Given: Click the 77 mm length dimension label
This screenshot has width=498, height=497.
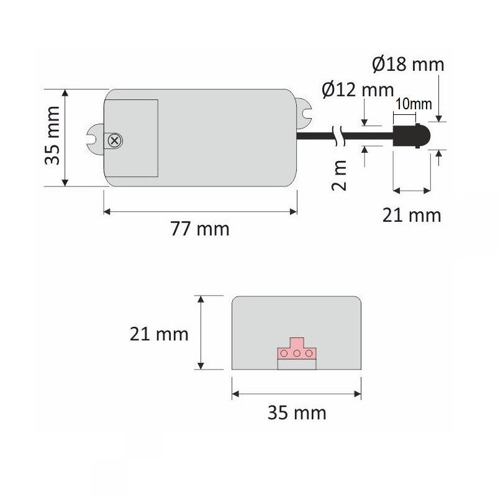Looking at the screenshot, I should [x=200, y=229].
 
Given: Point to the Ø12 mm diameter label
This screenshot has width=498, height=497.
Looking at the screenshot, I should [x=358, y=91].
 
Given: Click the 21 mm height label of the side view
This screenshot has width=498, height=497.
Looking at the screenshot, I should [x=159, y=334].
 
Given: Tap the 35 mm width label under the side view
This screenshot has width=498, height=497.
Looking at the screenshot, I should [x=297, y=413].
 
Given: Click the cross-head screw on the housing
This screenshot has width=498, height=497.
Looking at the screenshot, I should [x=114, y=140].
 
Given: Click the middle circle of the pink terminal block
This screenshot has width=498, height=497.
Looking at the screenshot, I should [x=297, y=353].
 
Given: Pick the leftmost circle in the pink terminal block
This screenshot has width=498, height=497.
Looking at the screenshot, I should [x=285, y=353].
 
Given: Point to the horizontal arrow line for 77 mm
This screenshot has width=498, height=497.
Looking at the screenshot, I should [x=199, y=212].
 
